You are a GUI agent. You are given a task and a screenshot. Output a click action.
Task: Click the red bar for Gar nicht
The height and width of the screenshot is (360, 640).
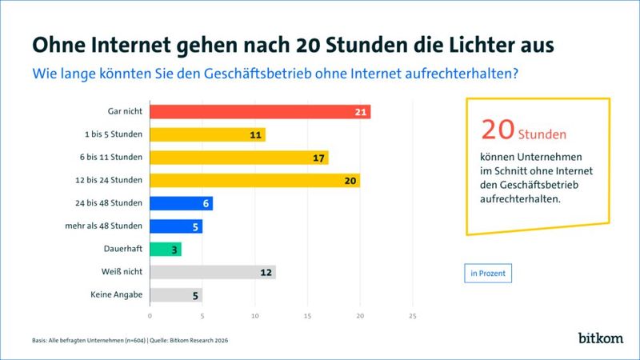(259, 111)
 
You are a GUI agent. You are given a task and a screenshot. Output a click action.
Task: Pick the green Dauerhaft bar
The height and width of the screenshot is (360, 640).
(165, 250)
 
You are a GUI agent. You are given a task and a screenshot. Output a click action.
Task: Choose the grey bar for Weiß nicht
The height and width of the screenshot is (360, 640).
(212, 273)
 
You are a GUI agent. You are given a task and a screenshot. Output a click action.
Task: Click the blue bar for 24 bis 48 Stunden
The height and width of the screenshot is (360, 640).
(180, 203)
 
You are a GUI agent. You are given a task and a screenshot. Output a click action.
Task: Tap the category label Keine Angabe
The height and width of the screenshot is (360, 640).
(118, 295)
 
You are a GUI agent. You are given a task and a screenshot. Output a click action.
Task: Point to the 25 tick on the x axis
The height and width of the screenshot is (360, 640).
(412, 316)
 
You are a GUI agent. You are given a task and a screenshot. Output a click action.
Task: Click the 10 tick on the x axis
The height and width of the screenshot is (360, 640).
(254, 316)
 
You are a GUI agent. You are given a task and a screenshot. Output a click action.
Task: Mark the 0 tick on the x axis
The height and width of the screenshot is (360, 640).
(150, 316)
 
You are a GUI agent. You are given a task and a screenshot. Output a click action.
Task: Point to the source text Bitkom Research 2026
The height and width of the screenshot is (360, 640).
(201, 339)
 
